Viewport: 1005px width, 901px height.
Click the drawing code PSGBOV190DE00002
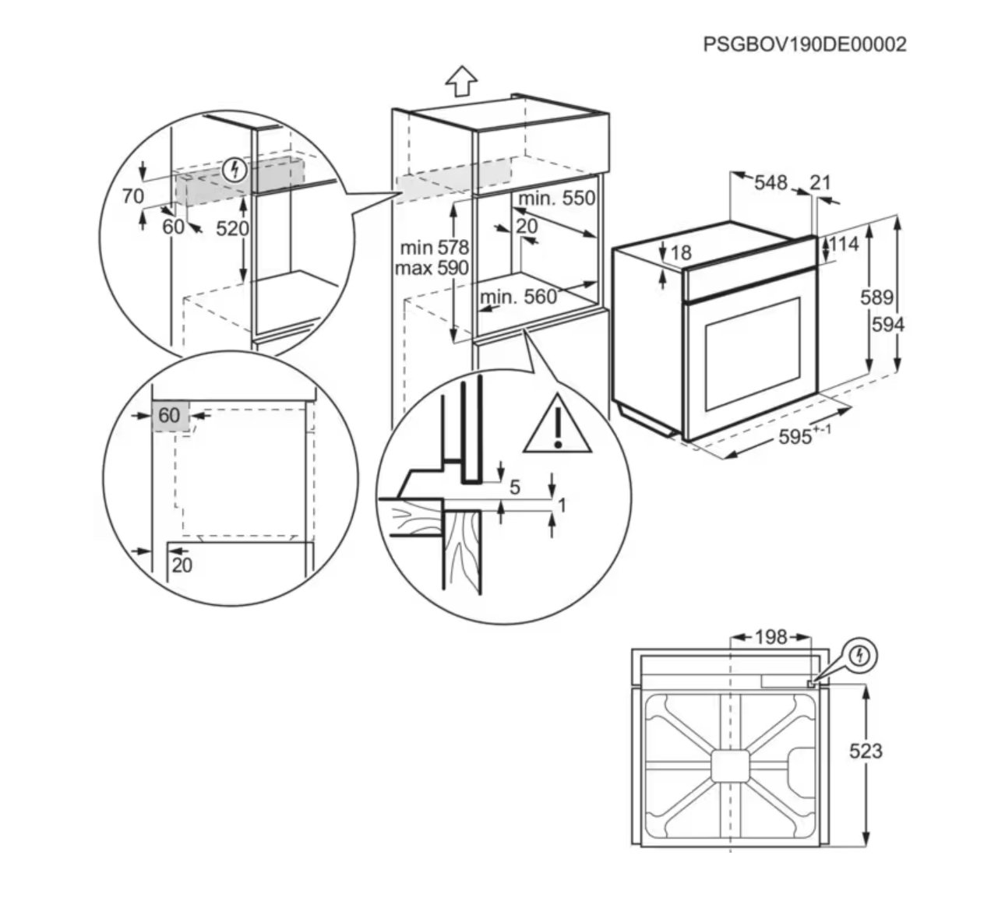(804, 44)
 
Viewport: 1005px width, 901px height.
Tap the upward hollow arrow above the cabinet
(461, 81)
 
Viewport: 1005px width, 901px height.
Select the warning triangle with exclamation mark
(558, 424)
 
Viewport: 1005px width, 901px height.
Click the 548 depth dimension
(770, 182)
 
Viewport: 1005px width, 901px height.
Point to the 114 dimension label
(843, 244)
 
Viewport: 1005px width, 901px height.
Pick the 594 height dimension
(888, 325)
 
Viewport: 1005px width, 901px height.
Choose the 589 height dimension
(876, 297)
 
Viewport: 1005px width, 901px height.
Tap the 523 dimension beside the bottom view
(866, 751)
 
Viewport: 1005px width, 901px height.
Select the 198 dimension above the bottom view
(770, 637)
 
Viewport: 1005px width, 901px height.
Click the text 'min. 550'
(556, 199)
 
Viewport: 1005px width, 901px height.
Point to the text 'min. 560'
(518, 297)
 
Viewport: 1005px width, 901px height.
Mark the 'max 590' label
(432, 268)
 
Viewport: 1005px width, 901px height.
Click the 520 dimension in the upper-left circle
(232, 229)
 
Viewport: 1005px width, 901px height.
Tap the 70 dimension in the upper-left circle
(133, 196)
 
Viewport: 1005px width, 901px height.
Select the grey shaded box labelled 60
(171, 416)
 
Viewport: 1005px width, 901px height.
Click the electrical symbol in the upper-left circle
(235, 170)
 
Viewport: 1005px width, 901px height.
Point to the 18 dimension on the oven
(681, 253)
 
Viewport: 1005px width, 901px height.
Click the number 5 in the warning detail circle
(515, 487)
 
